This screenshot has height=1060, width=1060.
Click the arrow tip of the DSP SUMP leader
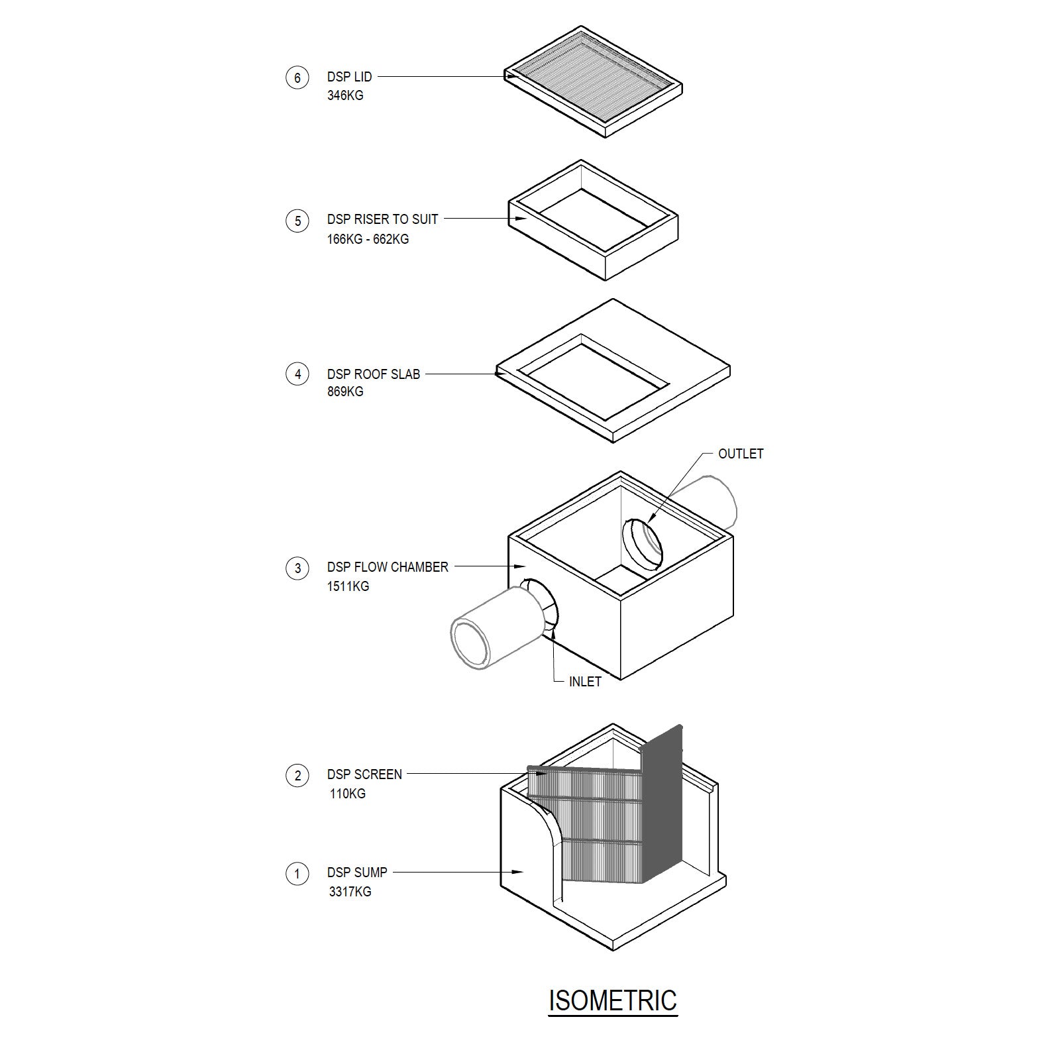[x=525, y=873]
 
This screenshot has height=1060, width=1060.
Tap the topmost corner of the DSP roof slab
[x=613, y=299]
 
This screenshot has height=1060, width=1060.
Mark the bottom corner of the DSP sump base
[x=613, y=951]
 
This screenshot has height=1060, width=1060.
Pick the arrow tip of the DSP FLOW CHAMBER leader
[x=526, y=566]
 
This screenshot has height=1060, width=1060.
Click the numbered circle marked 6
[x=297, y=78]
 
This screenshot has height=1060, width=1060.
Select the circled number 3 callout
[x=297, y=568]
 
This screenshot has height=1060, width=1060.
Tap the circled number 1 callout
[x=297, y=874]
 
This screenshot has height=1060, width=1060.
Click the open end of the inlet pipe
[x=470, y=643]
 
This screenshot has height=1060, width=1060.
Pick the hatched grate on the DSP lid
[x=593, y=76]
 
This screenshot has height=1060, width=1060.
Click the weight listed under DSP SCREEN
[x=348, y=794]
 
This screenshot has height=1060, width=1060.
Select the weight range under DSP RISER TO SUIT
[x=368, y=239]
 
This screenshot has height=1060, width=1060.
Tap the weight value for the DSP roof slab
[x=345, y=392]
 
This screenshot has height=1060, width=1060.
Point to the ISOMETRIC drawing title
[x=613, y=1000]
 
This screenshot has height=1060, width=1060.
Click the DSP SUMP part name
[x=357, y=873]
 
